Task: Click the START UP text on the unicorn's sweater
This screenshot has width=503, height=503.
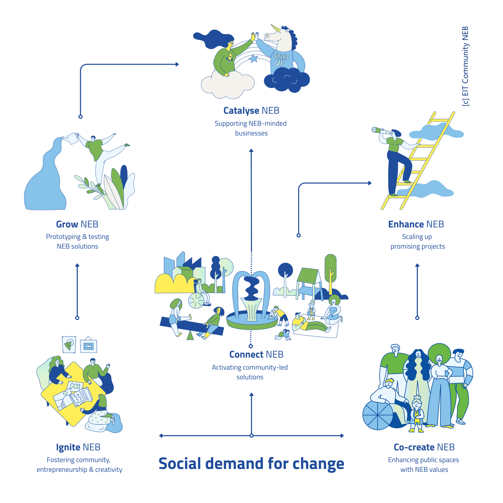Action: [281, 60]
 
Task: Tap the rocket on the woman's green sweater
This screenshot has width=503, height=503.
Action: [230, 57]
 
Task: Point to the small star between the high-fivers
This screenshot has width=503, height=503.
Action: [254, 59]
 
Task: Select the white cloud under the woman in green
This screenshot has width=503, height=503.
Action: [227, 84]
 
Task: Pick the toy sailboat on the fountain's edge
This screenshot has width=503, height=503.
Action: [272, 314]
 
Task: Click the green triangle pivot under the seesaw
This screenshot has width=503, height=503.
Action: [190, 336]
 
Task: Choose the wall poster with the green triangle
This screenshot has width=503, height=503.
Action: [69, 344]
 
